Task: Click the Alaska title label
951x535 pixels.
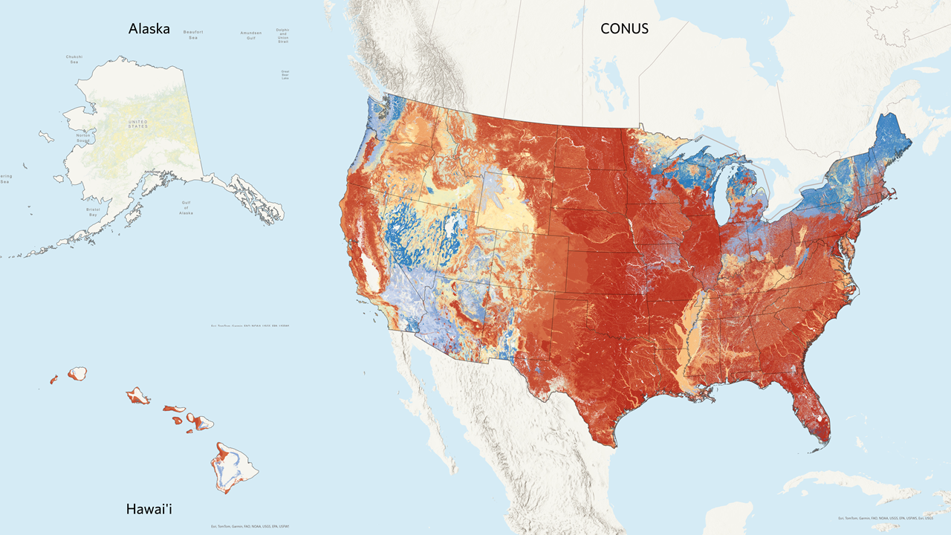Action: click(149, 29)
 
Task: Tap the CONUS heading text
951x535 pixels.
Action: click(624, 29)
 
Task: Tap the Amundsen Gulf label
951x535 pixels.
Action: click(251, 35)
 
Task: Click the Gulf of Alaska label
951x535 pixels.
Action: click(186, 207)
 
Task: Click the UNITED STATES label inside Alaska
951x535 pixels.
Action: click(137, 124)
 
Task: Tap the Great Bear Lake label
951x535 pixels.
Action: click(285, 74)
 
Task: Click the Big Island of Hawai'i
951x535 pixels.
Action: click(235, 467)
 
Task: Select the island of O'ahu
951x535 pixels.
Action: click(137, 395)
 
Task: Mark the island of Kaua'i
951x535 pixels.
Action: click(77, 373)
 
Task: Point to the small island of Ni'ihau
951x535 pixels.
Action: click(53, 380)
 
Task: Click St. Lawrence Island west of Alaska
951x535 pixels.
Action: click(46, 137)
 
